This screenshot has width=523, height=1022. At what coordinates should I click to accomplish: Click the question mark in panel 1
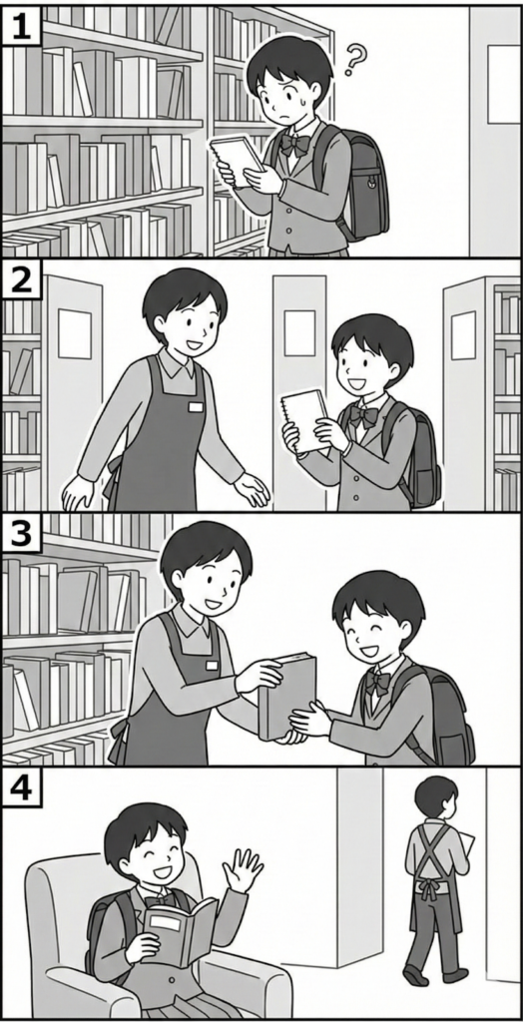click(x=354, y=59)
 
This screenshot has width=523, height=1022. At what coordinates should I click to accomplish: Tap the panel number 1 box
click(x=22, y=26)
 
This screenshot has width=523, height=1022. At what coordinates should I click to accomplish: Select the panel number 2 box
click(x=22, y=279)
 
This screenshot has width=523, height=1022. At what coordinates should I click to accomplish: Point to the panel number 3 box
click(x=22, y=533)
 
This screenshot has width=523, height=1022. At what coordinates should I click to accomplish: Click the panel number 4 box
click(x=22, y=786)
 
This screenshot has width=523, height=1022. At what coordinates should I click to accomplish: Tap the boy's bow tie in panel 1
click(x=294, y=144)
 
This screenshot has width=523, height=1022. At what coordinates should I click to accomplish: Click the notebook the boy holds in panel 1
click(x=237, y=160)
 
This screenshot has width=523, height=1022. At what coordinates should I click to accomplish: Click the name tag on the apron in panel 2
click(x=196, y=407)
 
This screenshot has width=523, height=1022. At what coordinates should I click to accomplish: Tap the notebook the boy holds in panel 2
click(x=305, y=421)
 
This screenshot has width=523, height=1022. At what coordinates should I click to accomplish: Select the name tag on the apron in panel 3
click(x=212, y=666)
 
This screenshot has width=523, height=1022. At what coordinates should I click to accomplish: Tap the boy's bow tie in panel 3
click(x=378, y=682)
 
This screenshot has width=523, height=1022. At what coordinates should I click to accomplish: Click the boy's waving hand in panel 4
click(x=242, y=870)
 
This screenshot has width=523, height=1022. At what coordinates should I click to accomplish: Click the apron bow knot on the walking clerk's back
click(x=428, y=886)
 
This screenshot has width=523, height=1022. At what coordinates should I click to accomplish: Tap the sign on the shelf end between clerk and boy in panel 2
click(x=299, y=332)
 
